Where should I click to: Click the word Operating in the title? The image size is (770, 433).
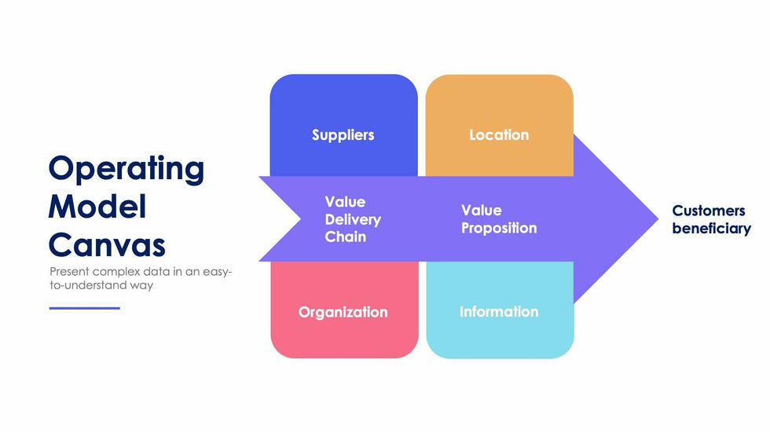[x=126, y=169]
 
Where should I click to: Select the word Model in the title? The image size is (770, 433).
[x=97, y=207]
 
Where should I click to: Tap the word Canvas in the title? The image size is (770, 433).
[x=107, y=244]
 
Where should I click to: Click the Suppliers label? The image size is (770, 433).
[x=343, y=135]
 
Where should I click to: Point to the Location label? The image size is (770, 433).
[x=499, y=135]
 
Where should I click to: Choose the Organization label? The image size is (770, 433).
[x=343, y=312]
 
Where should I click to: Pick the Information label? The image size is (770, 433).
[x=499, y=312]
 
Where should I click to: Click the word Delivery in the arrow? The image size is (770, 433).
[x=353, y=219]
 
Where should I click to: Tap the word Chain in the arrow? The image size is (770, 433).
[x=346, y=237]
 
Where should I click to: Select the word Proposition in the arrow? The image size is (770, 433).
[x=499, y=229]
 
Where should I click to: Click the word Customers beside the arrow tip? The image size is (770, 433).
[x=709, y=211]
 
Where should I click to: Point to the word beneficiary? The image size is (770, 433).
[x=711, y=229]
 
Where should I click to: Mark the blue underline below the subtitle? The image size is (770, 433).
[x=85, y=308]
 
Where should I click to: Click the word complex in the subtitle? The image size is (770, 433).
[x=112, y=271]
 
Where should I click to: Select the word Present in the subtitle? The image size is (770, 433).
[x=69, y=271]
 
